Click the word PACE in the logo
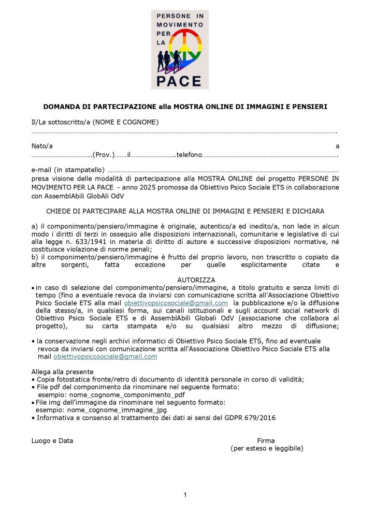tap(180, 80)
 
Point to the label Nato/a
tap(42, 146)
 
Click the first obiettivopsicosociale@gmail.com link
tap(176, 303)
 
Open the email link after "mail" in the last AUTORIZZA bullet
tap(105, 357)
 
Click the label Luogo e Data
tap(52, 441)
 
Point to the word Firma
tap(266, 441)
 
